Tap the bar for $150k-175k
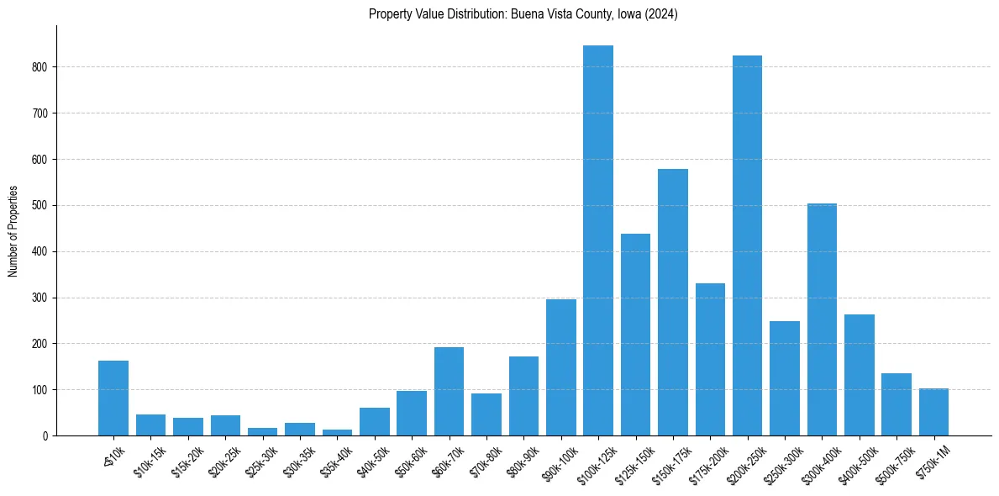(x=672, y=303)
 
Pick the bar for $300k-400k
(x=822, y=319)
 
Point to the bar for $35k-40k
(x=337, y=432)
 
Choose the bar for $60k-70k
(x=449, y=392)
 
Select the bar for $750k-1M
(x=933, y=412)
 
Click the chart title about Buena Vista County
(x=523, y=14)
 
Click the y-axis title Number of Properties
(x=13, y=230)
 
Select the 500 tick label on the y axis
(x=43, y=205)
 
